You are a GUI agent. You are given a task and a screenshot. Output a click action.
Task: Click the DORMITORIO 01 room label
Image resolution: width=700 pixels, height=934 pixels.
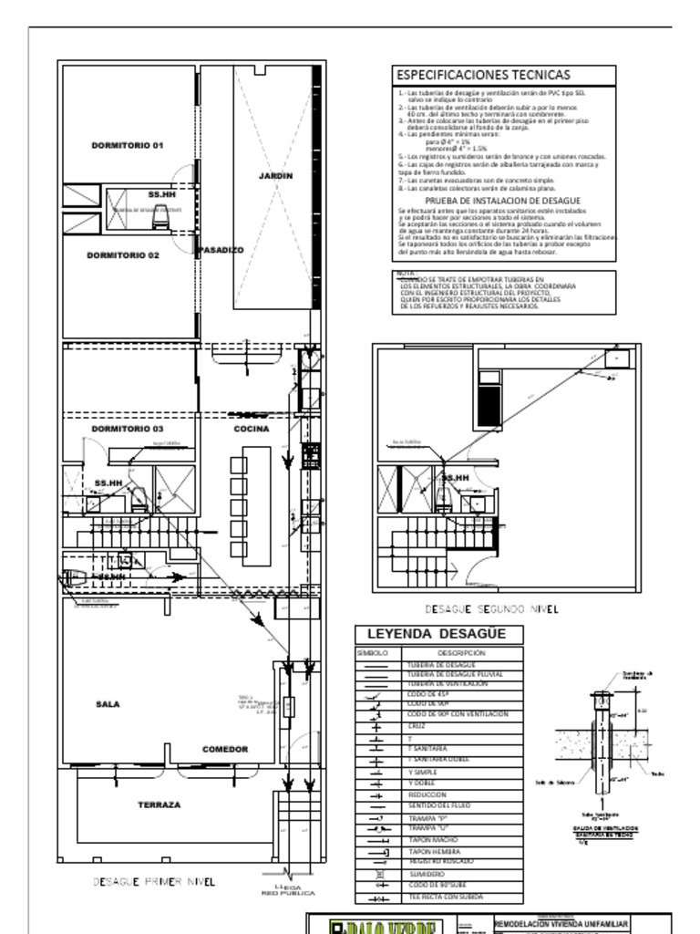click(127, 146)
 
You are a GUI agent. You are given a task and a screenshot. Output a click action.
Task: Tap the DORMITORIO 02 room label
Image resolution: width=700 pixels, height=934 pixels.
click(123, 256)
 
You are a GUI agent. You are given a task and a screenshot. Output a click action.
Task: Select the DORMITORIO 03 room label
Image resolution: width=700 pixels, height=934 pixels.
click(127, 429)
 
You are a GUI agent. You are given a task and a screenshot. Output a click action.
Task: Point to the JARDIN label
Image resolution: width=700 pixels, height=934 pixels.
click(275, 176)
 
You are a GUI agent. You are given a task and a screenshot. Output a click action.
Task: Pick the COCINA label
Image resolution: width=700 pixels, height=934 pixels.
click(251, 429)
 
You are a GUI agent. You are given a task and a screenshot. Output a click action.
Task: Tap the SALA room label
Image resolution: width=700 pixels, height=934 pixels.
click(108, 704)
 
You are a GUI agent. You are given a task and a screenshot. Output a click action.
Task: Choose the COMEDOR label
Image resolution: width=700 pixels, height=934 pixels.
click(225, 750)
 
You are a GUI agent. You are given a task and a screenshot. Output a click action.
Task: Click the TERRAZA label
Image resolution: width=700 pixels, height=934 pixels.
click(159, 805)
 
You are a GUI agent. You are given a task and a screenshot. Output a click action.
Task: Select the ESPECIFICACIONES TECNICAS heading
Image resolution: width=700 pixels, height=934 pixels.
click(482, 75)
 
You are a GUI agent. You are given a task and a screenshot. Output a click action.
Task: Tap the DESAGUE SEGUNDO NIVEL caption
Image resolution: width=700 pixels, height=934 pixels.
click(491, 608)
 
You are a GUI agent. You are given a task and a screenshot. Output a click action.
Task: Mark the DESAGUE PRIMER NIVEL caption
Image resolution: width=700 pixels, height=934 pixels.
click(154, 882)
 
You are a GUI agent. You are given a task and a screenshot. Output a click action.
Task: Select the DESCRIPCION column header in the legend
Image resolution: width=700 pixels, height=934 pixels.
click(461, 653)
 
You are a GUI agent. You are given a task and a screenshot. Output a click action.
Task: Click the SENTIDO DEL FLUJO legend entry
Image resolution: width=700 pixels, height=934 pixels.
click(436, 806)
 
